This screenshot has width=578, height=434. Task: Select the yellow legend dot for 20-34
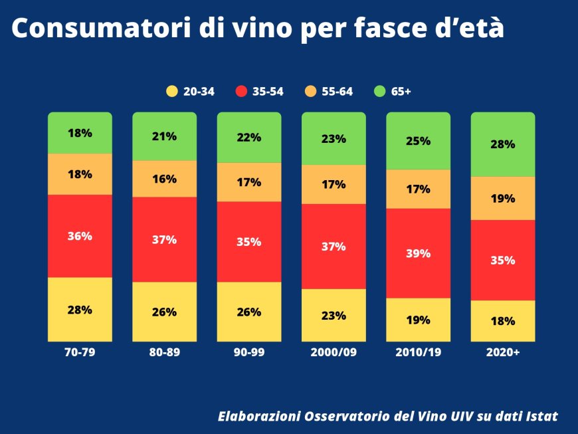click(x=172, y=92)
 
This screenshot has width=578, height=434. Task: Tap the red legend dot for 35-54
click(x=242, y=92)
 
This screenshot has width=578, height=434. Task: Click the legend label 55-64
click(x=337, y=92)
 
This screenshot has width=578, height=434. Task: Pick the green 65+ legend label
click(x=401, y=92)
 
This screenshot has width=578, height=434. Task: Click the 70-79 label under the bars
click(x=80, y=353)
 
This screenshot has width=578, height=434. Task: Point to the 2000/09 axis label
click(x=334, y=353)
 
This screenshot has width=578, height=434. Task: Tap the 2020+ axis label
click(x=503, y=353)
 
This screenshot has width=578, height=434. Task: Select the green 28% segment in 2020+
click(x=503, y=144)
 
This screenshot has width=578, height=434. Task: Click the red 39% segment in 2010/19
click(x=419, y=253)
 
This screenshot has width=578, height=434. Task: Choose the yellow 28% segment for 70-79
click(x=80, y=310)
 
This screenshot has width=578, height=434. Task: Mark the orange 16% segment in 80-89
click(x=164, y=179)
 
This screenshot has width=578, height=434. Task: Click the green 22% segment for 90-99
click(x=249, y=138)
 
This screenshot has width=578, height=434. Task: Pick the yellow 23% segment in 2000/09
click(x=334, y=316)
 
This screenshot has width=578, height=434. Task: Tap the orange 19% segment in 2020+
click(x=503, y=198)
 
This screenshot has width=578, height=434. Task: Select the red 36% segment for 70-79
click(x=80, y=236)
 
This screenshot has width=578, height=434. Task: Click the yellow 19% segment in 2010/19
click(x=419, y=320)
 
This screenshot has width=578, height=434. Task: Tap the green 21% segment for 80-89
click(x=164, y=136)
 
